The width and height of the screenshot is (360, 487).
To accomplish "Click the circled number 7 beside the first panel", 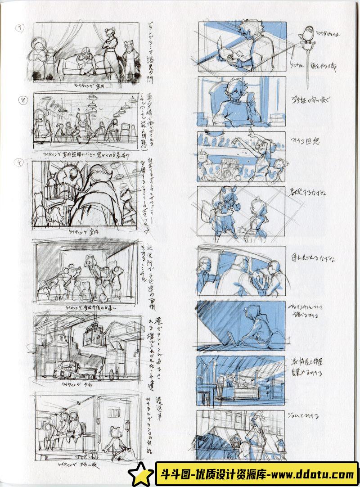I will point(20,28).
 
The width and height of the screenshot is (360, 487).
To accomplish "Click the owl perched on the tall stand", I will point(306,34).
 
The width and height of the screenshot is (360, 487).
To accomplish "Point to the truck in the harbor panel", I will point(75,370).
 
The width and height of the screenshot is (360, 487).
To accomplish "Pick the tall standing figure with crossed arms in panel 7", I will point(109,54).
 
